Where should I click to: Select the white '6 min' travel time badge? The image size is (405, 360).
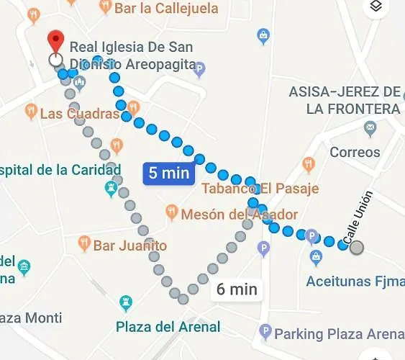[x=237, y=289]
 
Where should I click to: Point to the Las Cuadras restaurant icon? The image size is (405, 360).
[x=30, y=112]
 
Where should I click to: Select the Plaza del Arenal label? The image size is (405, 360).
[x=168, y=327]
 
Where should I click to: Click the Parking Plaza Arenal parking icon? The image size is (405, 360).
[x=265, y=333]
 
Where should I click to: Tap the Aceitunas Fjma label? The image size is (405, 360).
[x=355, y=281]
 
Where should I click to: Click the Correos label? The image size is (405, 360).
[x=355, y=152]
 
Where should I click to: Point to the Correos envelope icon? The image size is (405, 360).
[x=370, y=129]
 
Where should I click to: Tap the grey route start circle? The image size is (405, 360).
[x=356, y=248]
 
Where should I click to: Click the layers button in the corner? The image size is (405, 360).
[x=375, y=7]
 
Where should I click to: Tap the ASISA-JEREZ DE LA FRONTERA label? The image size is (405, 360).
[x=345, y=100]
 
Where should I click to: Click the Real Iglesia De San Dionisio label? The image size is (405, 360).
[x=132, y=56]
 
